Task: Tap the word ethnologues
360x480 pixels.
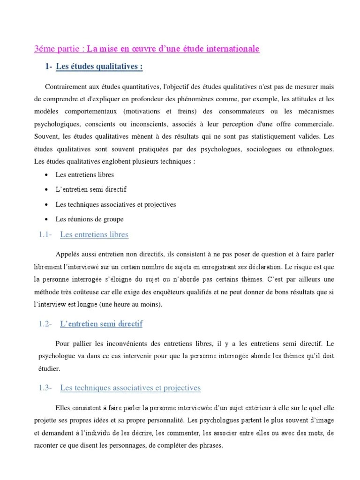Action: tap(314, 149)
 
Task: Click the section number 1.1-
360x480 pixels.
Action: tap(45, 234)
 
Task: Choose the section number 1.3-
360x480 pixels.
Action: tap(45, 388)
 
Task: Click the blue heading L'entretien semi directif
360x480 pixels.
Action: tap(101, 323)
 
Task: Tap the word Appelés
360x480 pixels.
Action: tap(68, 254)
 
